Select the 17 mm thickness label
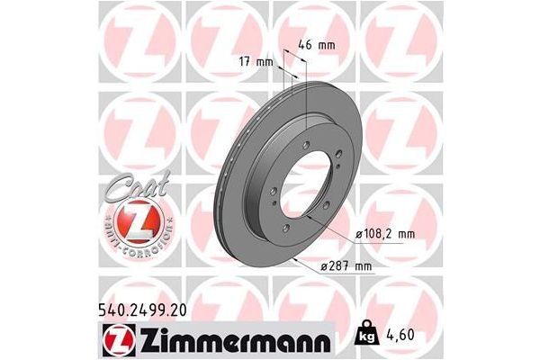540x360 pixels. point(256,61)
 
